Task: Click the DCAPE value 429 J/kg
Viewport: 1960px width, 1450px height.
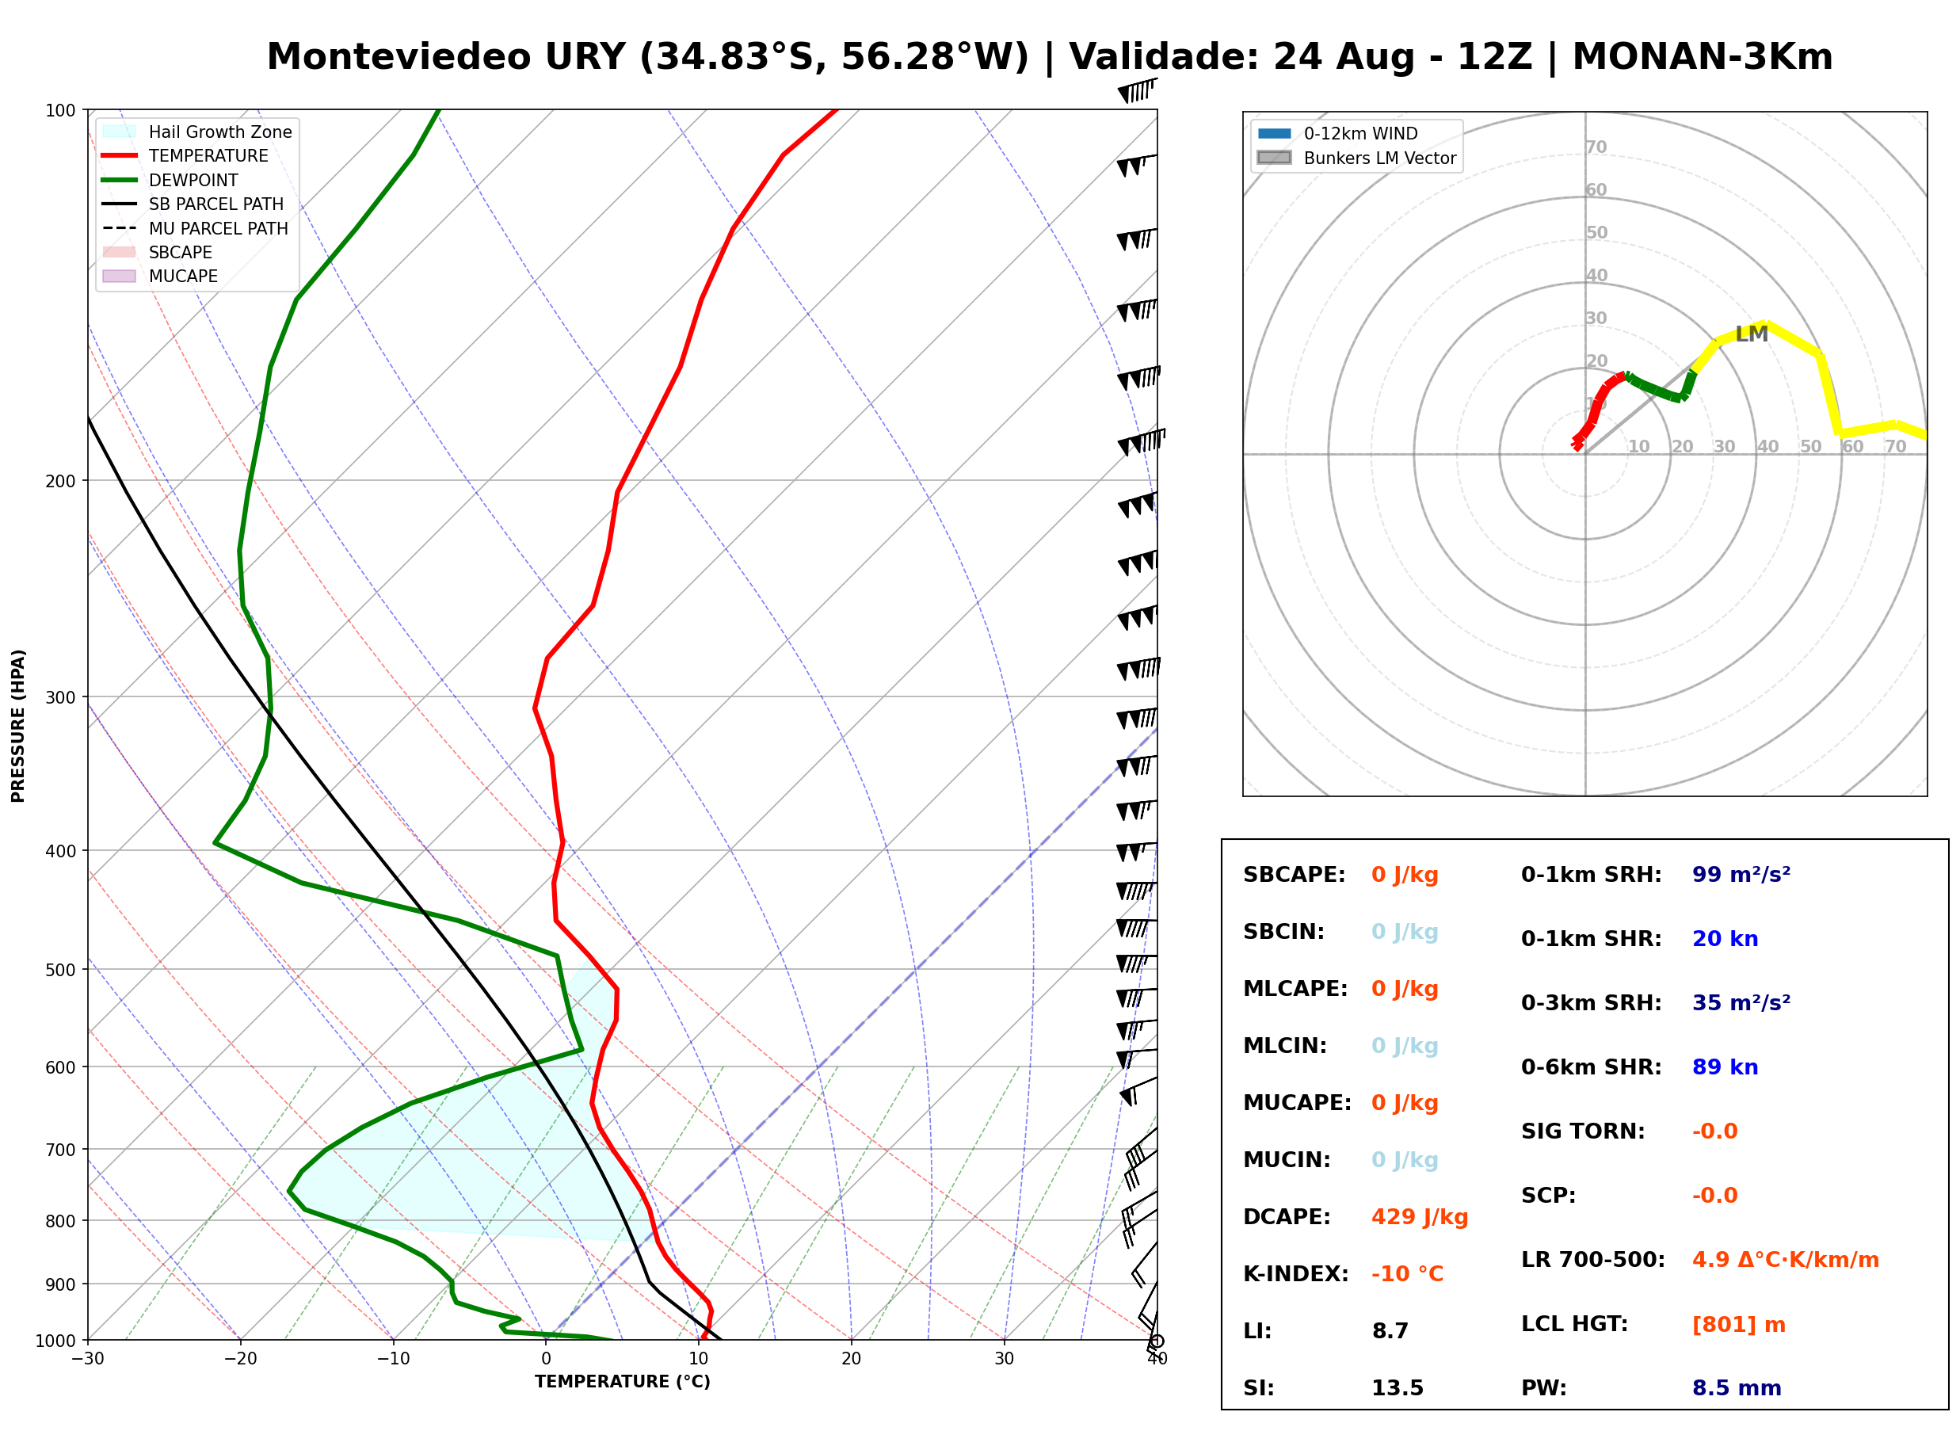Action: coord(1420,1217)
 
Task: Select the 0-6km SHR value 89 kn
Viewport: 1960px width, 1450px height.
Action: coord(1725,1067)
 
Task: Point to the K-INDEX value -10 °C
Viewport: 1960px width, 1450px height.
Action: coord(1407,1274)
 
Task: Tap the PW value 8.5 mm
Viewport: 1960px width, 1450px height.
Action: coord(1737,1388)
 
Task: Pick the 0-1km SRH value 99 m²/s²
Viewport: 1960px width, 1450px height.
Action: coord(1741,874)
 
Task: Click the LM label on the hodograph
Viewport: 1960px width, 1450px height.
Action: coord(1751,334)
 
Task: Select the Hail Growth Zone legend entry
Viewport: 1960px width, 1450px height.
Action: coord(197,132)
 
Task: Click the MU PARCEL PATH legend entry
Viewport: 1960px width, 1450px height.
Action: coord(195,228)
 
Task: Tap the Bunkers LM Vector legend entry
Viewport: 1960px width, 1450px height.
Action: coord(1356,158)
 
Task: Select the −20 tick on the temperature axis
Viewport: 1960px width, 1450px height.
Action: coord(240,1359)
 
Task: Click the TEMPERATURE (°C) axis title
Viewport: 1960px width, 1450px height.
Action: coord(623,1382)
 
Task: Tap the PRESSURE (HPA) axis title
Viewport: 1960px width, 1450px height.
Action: coord(17,726)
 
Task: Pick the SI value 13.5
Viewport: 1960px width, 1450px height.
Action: coord(1397,1388)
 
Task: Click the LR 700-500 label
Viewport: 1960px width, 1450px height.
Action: coord(1593,1261)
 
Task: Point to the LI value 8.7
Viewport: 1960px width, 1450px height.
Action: coord(1390,1331)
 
